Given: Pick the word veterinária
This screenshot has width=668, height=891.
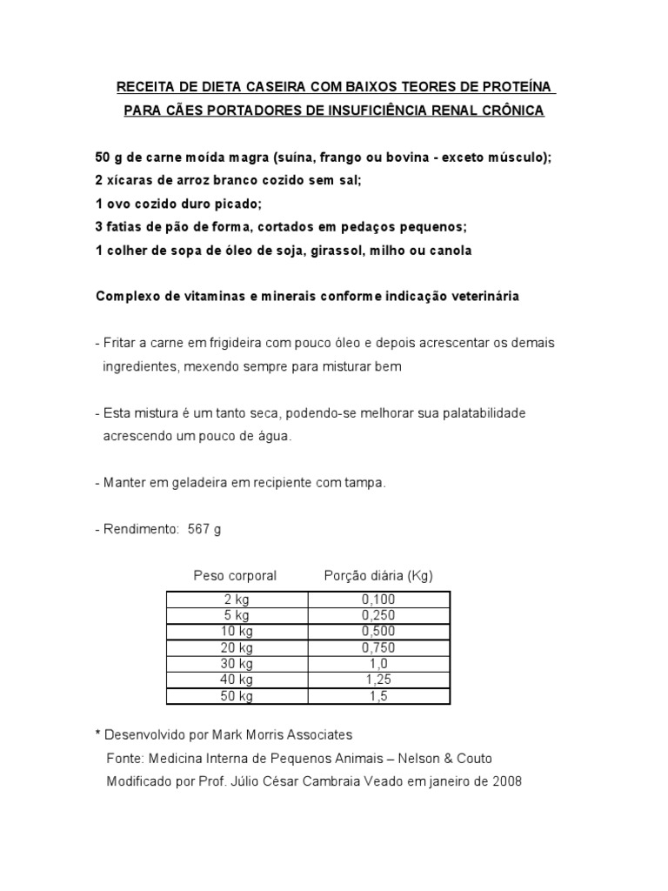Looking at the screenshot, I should [484, 296].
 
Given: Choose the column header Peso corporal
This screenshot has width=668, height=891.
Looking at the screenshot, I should [235, 576].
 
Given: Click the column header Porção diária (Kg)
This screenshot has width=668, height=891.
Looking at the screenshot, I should [378, 576].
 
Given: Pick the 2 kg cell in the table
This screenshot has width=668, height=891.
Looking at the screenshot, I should [237, 600].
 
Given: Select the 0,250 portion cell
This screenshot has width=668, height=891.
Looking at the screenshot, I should [378, 615].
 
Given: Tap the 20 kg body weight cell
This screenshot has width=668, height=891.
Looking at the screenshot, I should [237, 647].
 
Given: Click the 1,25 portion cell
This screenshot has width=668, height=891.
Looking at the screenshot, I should [378, 680].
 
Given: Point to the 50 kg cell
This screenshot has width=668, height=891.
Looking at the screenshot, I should [237, 696].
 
